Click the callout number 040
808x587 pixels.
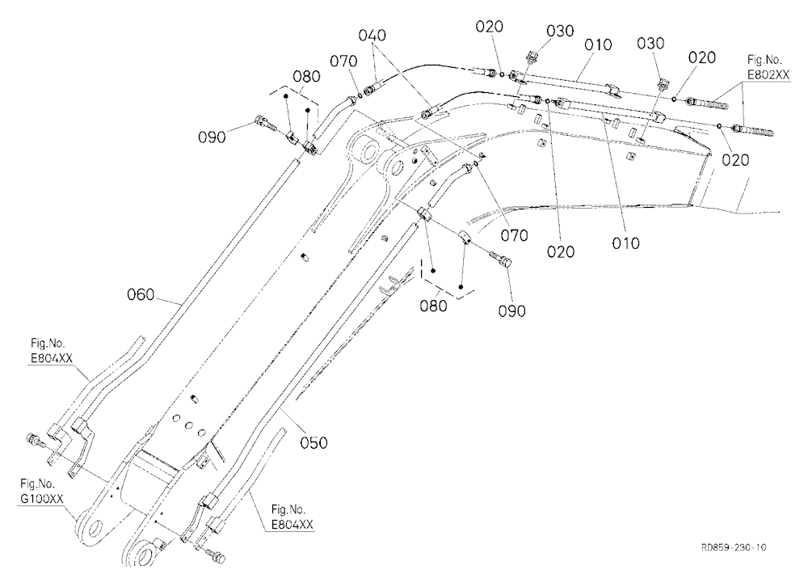click(x=372, y=35)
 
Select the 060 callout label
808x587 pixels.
click(x=141, y=294)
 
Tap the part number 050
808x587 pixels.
click(x=314, y=442)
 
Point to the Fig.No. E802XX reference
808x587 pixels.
click(x=768, y=67)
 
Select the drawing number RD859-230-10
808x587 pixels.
click(x=734, y=547)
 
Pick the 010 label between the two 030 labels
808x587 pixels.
click(x=598, y=45)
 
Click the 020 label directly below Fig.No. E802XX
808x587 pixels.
click(x=734, y=160)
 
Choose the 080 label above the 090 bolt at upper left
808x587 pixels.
click(x=306, y=76)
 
